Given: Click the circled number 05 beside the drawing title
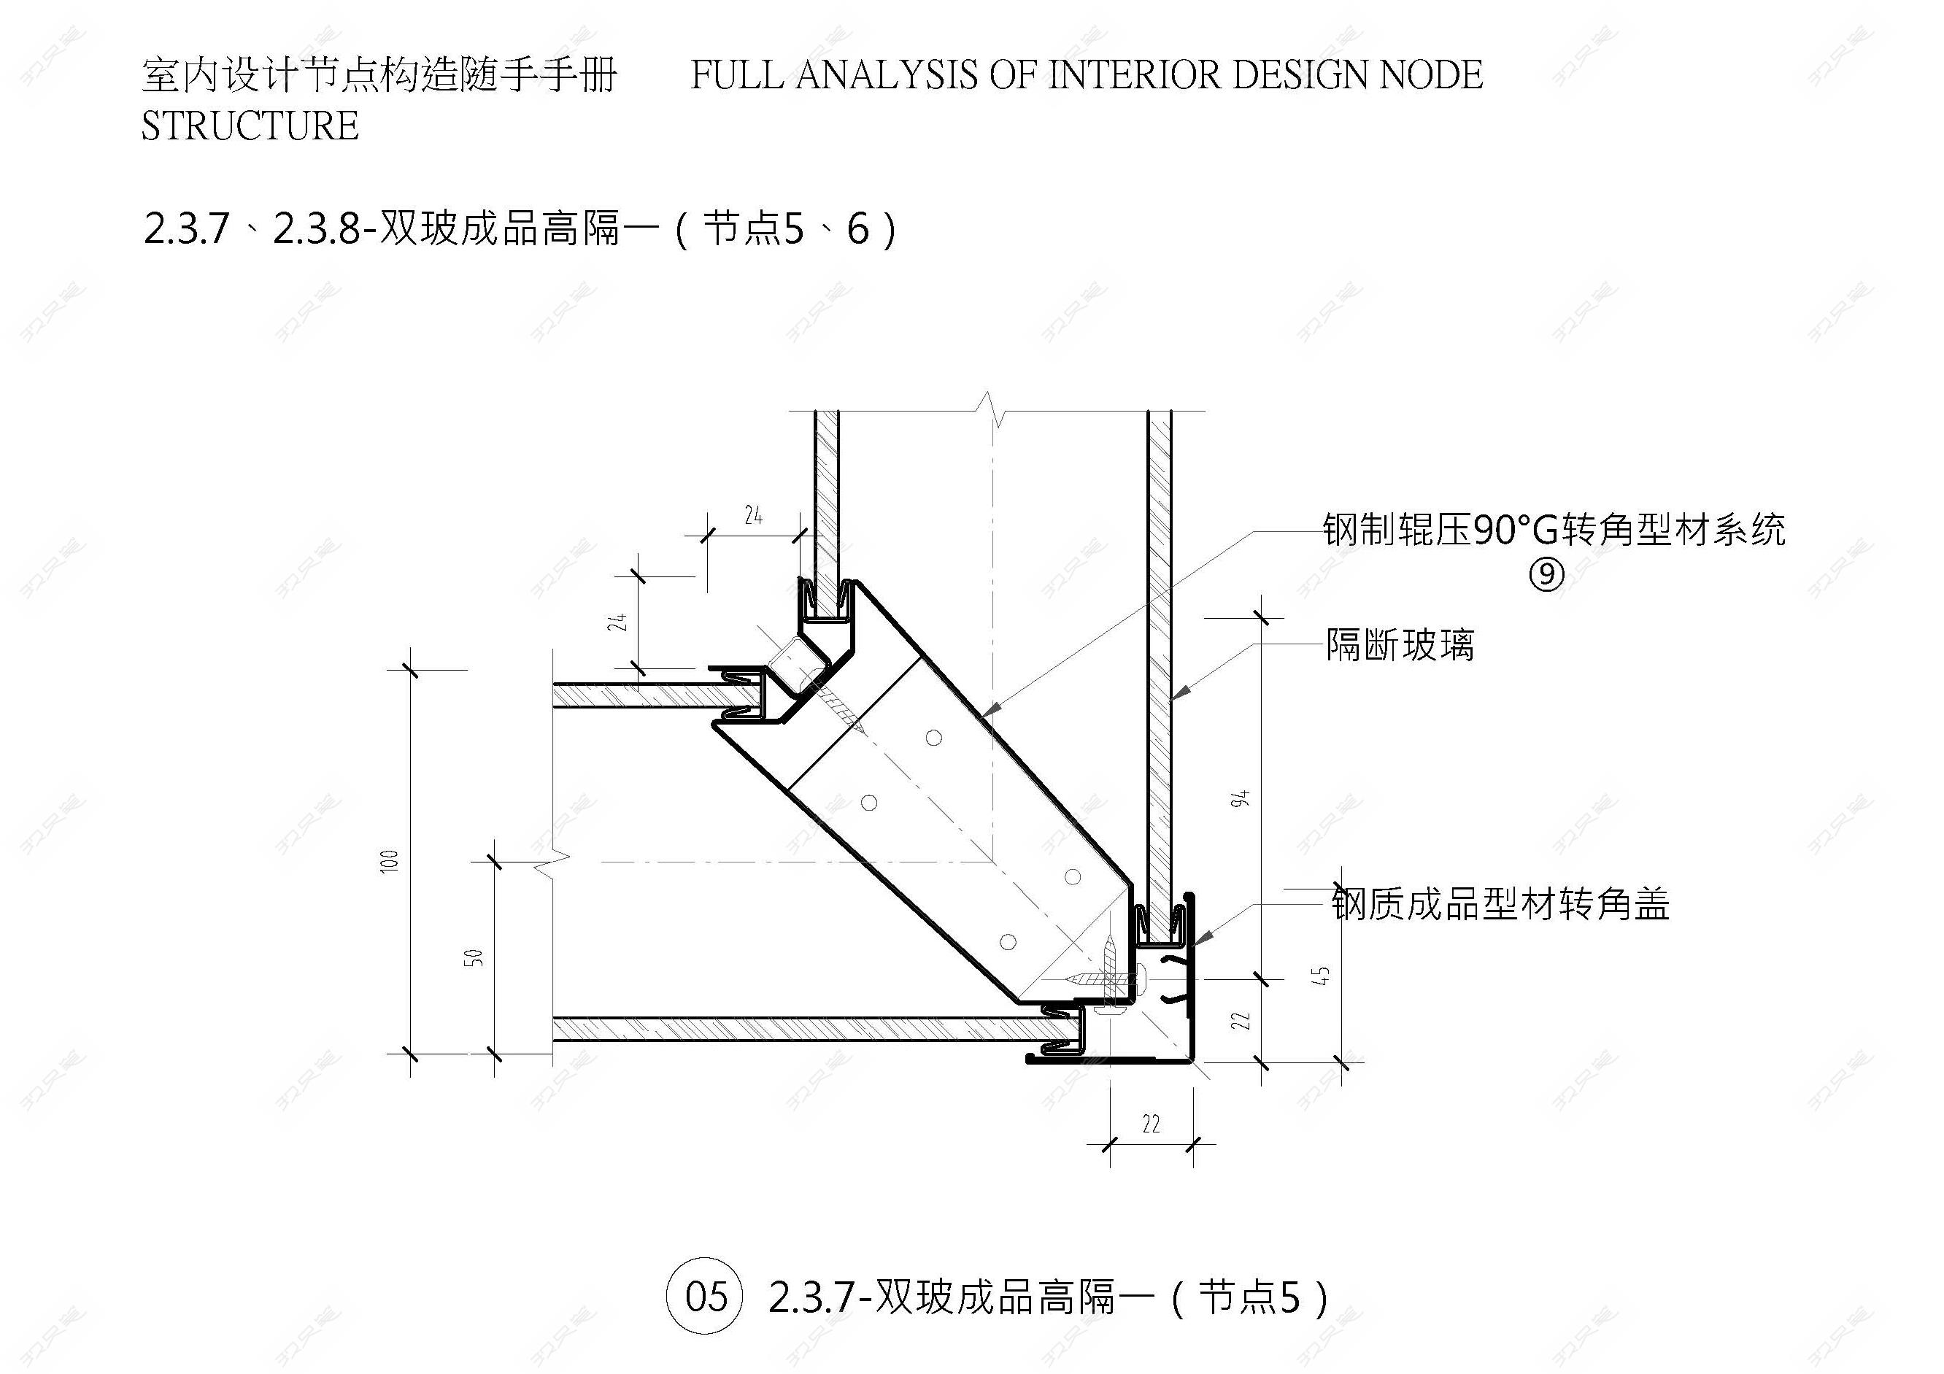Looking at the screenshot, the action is (x=704, y=1296).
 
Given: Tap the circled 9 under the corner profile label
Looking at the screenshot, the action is (x=1547, y=575).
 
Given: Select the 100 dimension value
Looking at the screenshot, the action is (x=390, y=862).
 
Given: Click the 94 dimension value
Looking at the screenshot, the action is (x=1241, y=798).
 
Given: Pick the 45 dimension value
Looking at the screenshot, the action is (x=1324, y=976).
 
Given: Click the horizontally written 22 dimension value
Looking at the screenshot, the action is (x=1151, y=1124).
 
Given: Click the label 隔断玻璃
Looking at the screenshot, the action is (x=1400, y=645).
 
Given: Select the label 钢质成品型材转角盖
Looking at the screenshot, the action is (x=1500, y=903).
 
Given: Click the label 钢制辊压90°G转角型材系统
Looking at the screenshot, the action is (x=1554, y=530).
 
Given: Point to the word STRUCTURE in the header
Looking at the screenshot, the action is (x=250, y=126).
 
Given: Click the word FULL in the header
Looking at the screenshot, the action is (x=736, y=75).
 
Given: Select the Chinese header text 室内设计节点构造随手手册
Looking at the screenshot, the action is (x=379, y=75).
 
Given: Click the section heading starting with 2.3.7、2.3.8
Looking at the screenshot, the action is (x=520, y=228).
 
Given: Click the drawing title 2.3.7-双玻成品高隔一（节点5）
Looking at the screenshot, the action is (x=1048, y=1297).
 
